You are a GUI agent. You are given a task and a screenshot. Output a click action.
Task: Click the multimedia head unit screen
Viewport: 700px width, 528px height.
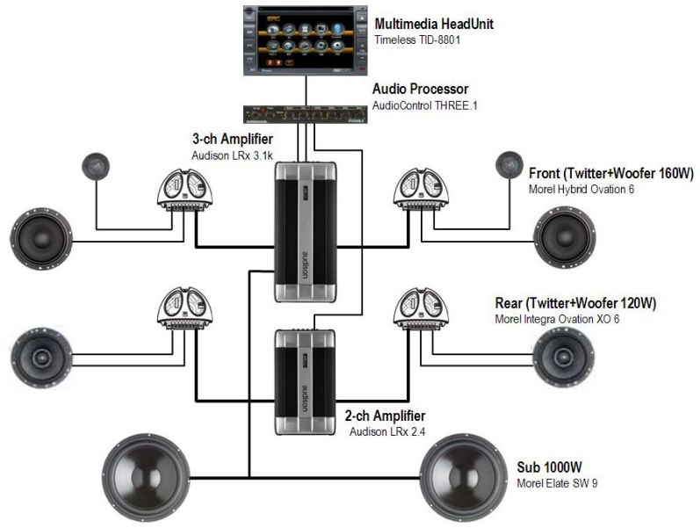point(307,39)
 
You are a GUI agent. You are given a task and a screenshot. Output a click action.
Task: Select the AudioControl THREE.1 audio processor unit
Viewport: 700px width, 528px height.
point(306,112)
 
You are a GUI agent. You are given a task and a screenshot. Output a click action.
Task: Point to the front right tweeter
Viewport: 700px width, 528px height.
point(506,163)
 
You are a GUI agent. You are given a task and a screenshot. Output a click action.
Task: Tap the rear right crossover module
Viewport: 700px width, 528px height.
point(421,312)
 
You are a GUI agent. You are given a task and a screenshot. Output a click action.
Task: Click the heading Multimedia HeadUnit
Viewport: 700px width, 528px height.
point(433,24)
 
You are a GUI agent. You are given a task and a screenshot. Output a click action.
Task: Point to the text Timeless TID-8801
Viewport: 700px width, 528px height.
point(419,40)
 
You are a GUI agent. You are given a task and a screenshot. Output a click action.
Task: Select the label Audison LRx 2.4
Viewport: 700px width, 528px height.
point(387,431)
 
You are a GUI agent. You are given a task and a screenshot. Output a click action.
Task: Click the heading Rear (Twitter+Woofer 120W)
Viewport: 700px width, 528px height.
point(575,304)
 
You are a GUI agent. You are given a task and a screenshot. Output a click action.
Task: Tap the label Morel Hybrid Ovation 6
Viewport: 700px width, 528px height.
point(581,189)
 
